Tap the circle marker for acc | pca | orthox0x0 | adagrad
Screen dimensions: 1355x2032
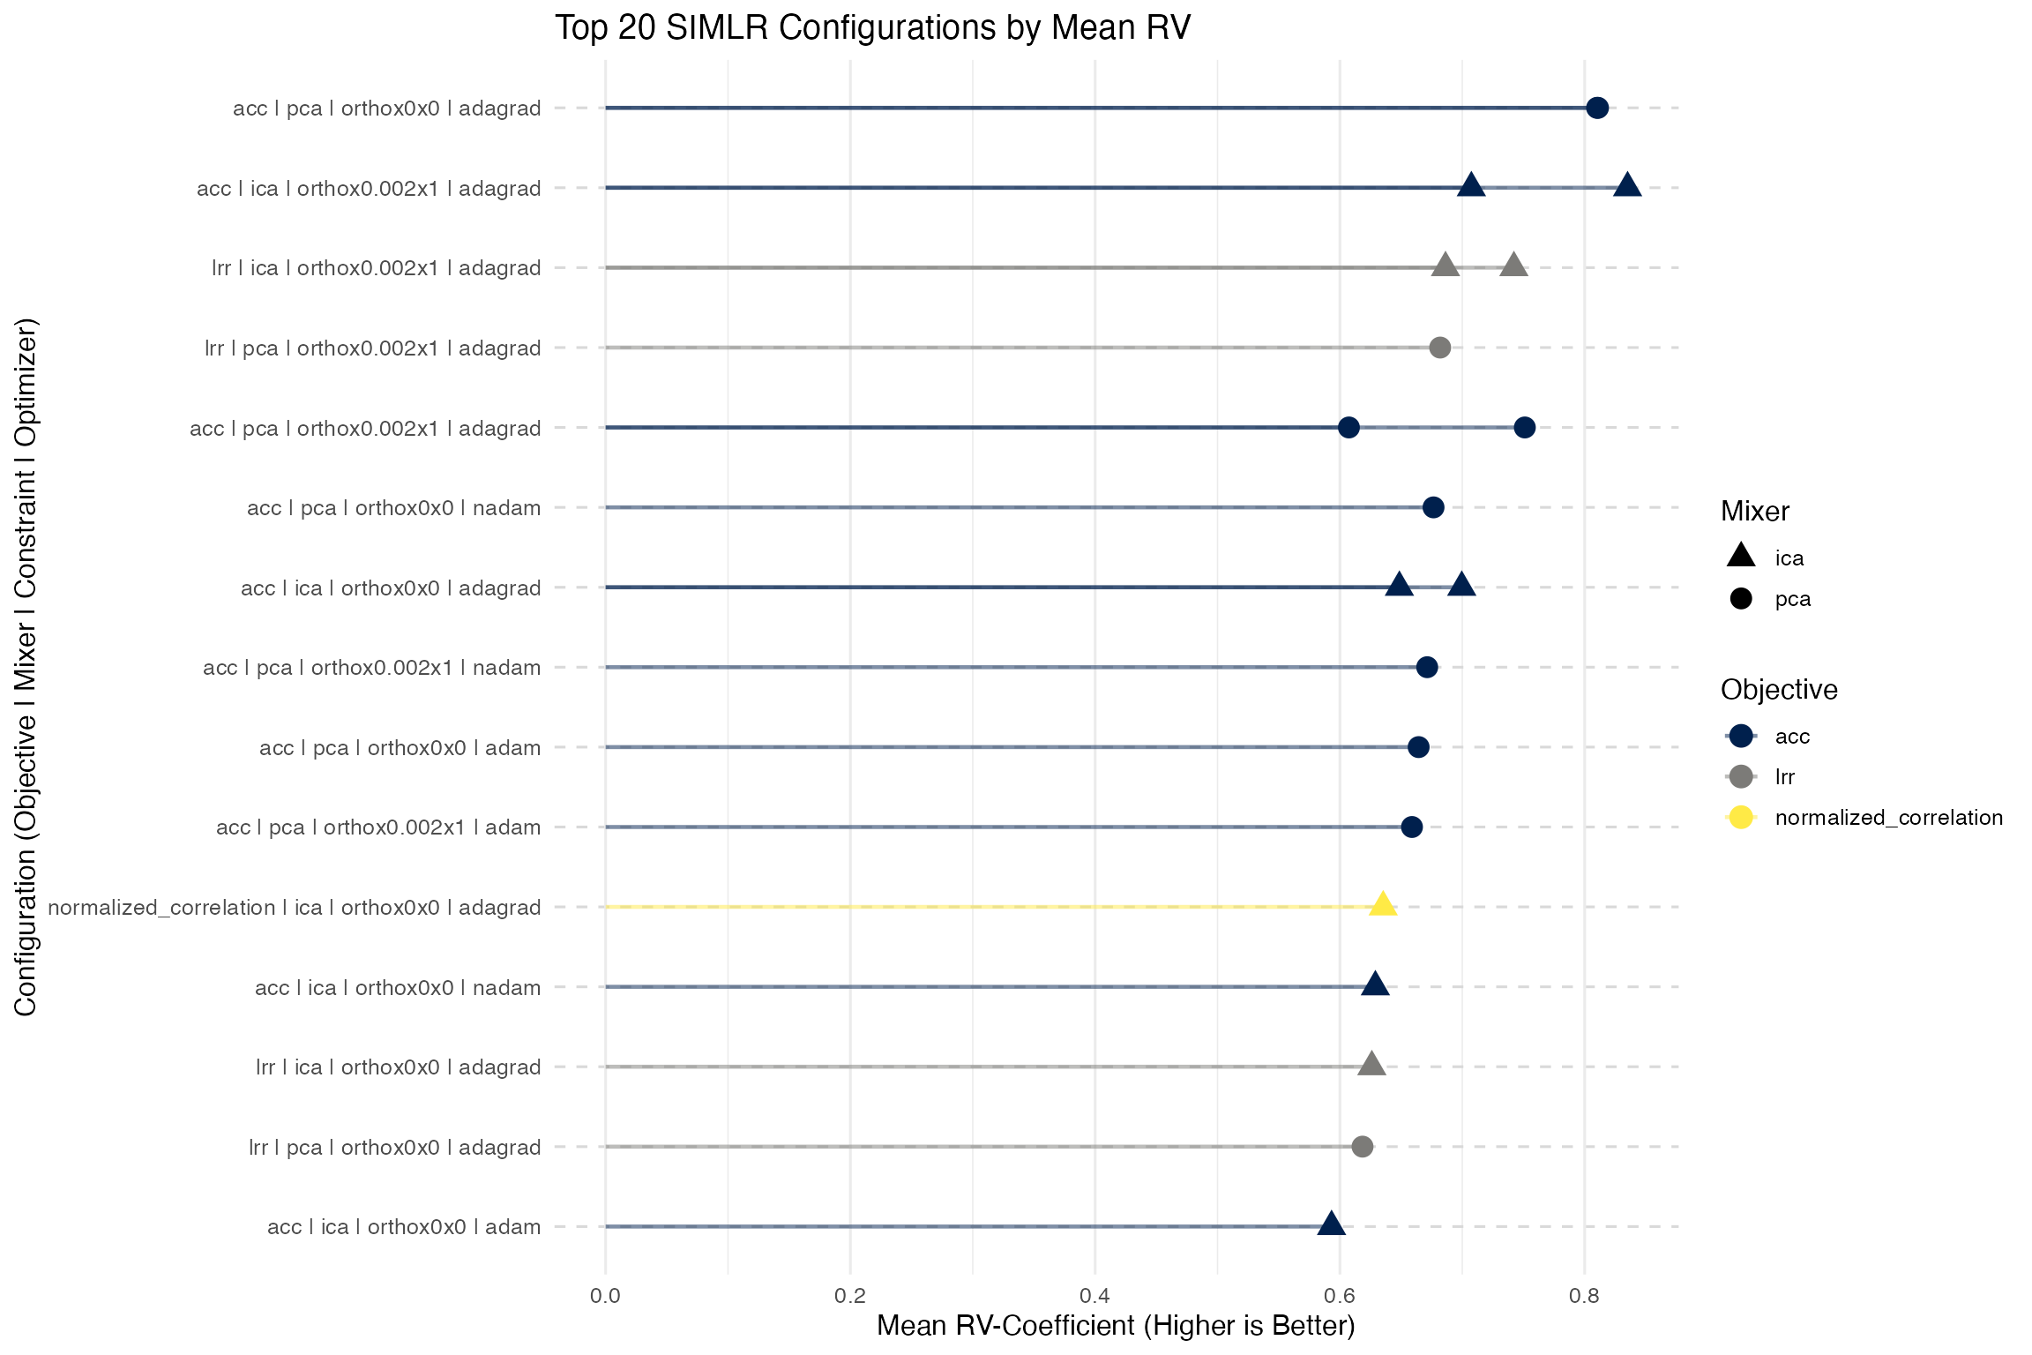(1596, 109)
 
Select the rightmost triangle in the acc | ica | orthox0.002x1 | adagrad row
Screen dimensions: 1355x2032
(1627, 186)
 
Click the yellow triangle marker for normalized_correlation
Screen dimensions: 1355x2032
(1382, 905)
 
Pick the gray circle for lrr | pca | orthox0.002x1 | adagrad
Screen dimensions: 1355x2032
(1439, 348)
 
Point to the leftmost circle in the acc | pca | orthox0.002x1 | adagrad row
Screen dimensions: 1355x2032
(1348, 428)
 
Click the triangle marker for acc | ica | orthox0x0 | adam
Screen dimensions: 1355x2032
(1331, 1224)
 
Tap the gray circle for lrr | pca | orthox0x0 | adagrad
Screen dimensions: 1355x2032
(1362, 1147)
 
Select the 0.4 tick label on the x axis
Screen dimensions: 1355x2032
(1094, 1296)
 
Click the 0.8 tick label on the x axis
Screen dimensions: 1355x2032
(1584, 1296)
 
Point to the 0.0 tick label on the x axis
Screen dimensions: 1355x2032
(605, 1296)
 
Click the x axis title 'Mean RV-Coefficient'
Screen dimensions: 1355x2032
(1115, 1326)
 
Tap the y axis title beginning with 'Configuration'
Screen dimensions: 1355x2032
(26, 667)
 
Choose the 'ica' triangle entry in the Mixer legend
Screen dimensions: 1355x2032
(1741, 556)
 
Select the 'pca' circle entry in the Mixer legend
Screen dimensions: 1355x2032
(1741, 599)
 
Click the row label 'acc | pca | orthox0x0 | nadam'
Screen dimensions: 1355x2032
(393, 508)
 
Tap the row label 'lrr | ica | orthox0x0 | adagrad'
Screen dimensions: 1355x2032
(398, 1067)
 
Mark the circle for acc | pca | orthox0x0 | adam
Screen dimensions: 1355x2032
(1418, 747)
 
